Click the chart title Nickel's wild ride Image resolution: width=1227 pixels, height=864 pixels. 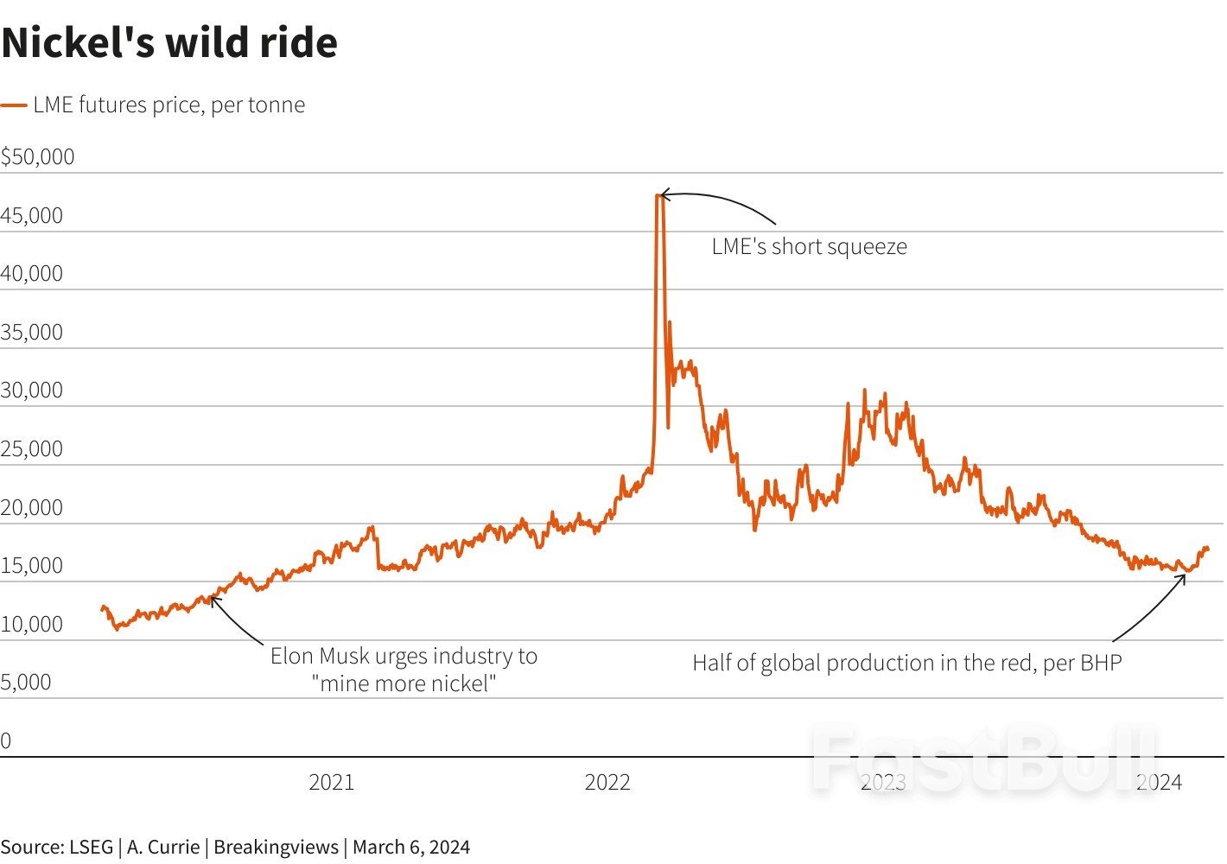pos(169,43)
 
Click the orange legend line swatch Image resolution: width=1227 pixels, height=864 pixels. pos(14,105)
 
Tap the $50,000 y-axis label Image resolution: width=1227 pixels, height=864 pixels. pos(38,156)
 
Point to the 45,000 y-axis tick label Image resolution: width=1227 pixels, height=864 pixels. pos(32,215)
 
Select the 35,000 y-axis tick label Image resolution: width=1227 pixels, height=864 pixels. pos(32,332)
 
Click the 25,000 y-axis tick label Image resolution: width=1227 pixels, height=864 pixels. pos(32,448)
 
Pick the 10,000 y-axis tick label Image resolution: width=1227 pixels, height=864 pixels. pos(32,624)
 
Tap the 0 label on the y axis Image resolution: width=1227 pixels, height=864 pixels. pos(6,740)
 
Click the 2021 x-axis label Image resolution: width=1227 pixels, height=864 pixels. pos(331,782)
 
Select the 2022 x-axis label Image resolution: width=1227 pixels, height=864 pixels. pos(607,782)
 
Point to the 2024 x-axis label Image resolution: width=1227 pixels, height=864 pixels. pos(1159,782)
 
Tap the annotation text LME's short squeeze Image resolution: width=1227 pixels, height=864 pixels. pos(809,246)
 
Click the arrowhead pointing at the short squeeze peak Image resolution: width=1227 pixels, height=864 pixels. pos(662,195)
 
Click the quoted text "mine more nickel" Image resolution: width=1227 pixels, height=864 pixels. pos(404,683)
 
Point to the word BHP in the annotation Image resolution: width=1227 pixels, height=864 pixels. pos(1100,663)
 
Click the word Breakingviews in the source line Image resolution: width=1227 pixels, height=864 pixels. pos(276,847)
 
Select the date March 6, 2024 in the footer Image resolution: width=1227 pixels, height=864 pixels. pos(411,847)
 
